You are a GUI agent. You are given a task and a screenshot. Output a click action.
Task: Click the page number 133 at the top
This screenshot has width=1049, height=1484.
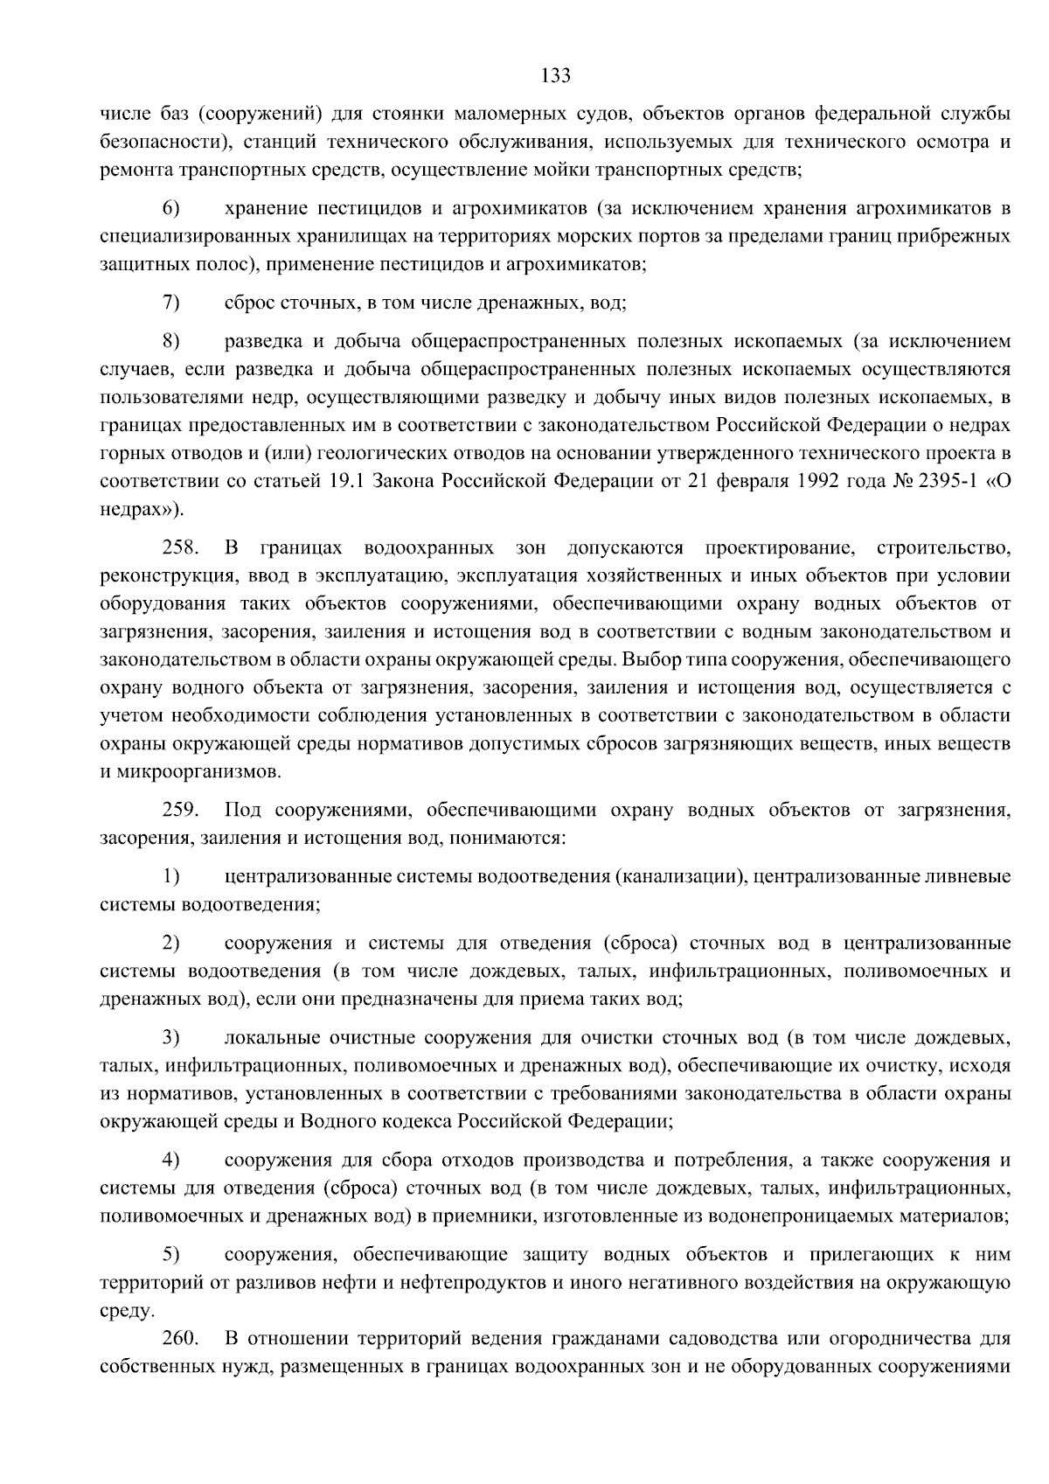click(x=555, y=75)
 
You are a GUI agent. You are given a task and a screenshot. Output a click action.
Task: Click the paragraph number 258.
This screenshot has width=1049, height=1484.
click(x=180, y=548)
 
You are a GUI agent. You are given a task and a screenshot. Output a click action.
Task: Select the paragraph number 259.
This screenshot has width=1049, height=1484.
click(x=180, y=811)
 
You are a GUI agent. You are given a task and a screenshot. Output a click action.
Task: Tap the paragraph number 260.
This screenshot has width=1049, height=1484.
click(x=180, y=1339)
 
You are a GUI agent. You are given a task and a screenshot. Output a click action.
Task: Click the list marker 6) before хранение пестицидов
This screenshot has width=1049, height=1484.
click(x=170, y=209)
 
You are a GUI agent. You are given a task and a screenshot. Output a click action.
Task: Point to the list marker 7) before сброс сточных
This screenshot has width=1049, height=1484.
click(x=170, y=303)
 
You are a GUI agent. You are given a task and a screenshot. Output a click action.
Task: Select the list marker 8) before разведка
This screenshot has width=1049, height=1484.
click(x=170, y=341)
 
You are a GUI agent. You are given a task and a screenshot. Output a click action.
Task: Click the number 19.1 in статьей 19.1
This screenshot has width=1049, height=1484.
click(x=367, y=482)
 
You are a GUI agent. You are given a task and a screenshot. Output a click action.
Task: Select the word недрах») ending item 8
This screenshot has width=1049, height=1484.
click(x=142, y=510)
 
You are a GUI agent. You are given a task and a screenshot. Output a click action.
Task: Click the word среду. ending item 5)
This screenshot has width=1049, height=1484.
click(x=128, y=1311)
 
